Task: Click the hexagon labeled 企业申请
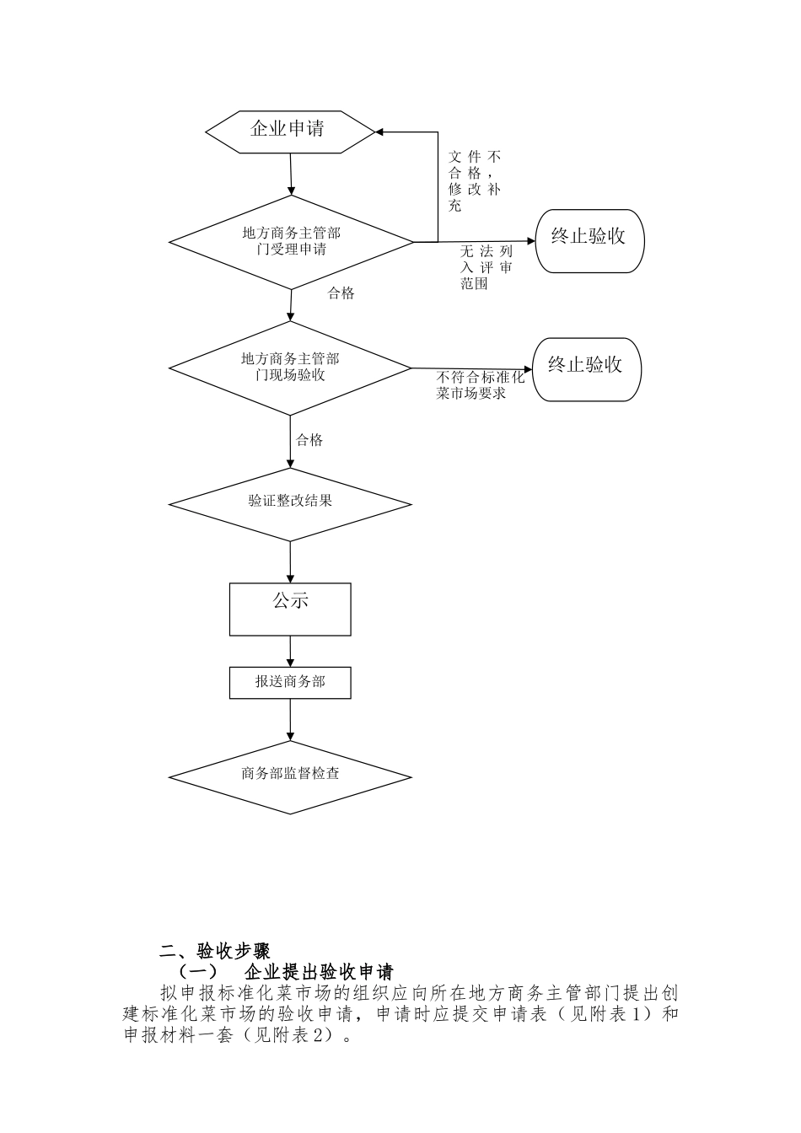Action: pyautogui.click(x=290, y=132)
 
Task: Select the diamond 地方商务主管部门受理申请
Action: pyautogui.click(x=291, y=242)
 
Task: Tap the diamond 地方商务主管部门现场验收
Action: pyautogui.click(x=290, y=368)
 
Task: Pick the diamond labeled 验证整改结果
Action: pyautogui.click(x=290, y=504)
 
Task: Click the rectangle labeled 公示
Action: pyautogui.click(x=290, y=609)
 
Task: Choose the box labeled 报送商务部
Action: pyautogui.click(x=290, y=683)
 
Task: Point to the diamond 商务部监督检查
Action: pyautogui.click(x=290, y=777)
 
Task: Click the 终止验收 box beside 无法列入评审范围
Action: pyautogui.click(x=590, y=241)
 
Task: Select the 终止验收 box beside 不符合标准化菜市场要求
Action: pyautogui.click(x=587, y=370)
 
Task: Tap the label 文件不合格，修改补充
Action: pyautogui.click(x=474, y=180)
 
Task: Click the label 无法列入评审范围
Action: pyautogui.click(x=486, y=267)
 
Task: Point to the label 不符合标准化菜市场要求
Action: pyautogui.click(x=481, y=385)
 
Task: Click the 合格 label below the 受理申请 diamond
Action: pyautogui.click(x=341, y=293)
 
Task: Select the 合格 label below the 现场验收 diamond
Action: pyautogui.click(x=309, y=440)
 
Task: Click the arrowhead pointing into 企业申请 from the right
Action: pyautogui.click(x=379, y=132)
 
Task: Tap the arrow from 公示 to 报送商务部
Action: pyautogui.click(x=290, y=652)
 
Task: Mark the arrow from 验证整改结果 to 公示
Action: pyautogui.click(x=290, y=562)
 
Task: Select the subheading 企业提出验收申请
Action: pyautogui.click(x=319, y=972)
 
